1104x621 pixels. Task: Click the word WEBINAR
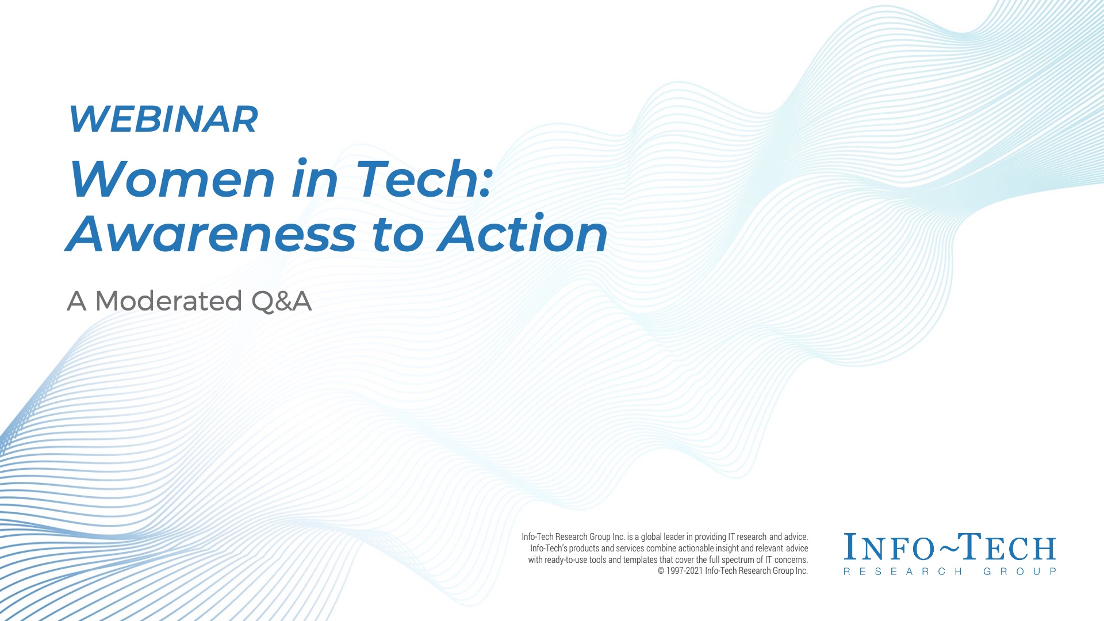tap(163, 119)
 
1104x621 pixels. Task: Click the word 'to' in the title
tap(397, 235)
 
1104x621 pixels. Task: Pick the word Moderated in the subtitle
tap(168, 301)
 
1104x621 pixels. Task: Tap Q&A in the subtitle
tap(282, 301)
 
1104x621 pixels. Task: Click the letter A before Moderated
tap(76, 301)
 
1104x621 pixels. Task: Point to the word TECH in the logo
tap(1009, 547)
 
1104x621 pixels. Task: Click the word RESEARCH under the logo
tap(903, 572)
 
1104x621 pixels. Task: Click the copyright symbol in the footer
tap(661, 571)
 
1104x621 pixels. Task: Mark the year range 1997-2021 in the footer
tap(684, 571)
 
